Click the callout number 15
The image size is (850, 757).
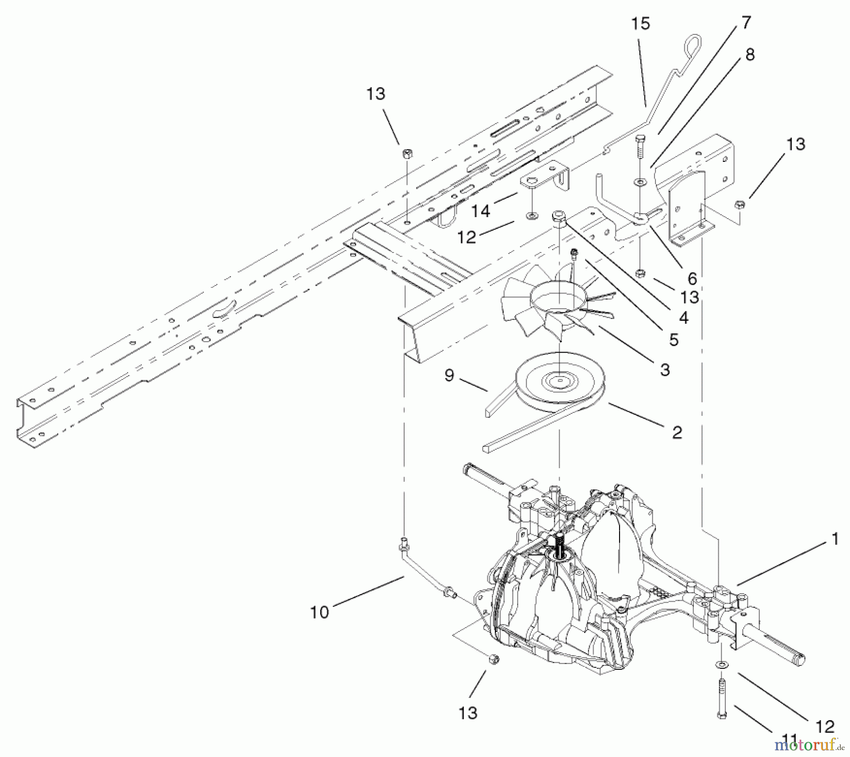click(x=641, y=24)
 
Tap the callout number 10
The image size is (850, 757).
click(x=319, y=613)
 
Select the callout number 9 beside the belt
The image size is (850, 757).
click(x=449, y=375)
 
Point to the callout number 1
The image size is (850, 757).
click(x=835, y=539)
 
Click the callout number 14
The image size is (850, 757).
click(x=481, y=211)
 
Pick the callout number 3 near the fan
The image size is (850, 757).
click(x=664, y=370)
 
